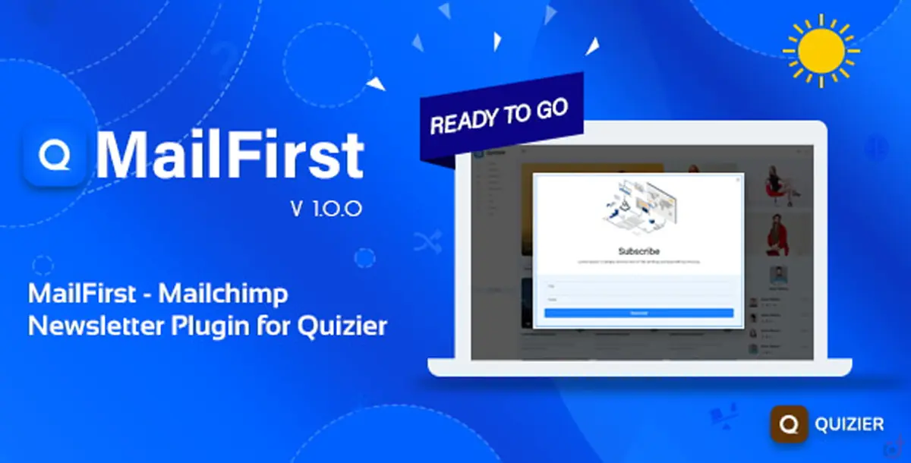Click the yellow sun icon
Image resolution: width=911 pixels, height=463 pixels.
click(821, 51)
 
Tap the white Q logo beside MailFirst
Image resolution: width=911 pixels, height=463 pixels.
click(55, 155)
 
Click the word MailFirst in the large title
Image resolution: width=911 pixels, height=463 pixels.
click(229, 155)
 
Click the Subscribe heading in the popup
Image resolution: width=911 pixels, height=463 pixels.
click(638, 250)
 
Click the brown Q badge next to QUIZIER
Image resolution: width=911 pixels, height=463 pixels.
click(787, 424)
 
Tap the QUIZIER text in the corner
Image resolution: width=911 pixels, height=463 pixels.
click(850, 424)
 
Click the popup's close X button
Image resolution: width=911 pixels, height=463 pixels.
click(739, 180)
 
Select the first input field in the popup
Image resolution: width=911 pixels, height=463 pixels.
click(638, 286)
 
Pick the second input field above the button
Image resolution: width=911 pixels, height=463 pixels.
click(638, 299)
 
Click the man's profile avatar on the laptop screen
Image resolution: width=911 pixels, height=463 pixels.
click(778, 276)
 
